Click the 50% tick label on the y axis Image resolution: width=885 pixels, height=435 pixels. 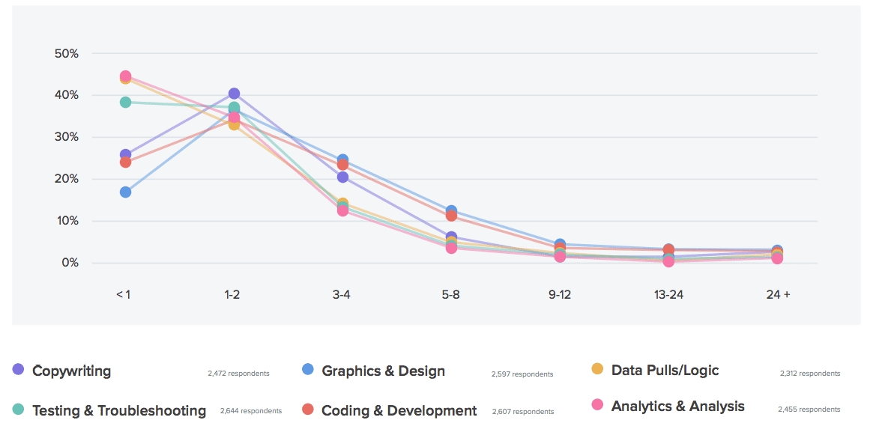pyautogui.click(x=67, y=54)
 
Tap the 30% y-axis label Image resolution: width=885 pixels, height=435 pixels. pyautogui.click(x=67, y=137)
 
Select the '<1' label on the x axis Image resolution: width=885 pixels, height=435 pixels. pyautogui.click(x=123, y=294)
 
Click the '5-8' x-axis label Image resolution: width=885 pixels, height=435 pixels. pyautogui.click(x=450, y=294)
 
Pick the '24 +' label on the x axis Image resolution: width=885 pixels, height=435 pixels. pyautogui.click(x=778, y=294)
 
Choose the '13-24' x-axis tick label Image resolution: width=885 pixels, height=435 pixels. pyautogui.click(x=668, y=294)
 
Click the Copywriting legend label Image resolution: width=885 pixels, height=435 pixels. pyautogui.click(x=71, y=371)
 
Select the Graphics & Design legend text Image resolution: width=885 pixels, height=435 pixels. pyautogui.click(x=383, y=371)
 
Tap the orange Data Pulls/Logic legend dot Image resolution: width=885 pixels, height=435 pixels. pyautogui.click(x=597, y=368)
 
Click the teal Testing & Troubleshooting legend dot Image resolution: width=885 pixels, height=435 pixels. pyautogui.click(x=18, y=410)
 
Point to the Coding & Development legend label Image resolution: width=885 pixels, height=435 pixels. pyautogui.click(x=399, y=410)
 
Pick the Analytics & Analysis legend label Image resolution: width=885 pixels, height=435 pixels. pyautogui.click(x=677, y=406)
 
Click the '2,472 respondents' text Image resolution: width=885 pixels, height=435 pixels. pyautogui.click(x=238, y=373)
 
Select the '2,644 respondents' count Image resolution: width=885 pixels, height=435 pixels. pyautogui.click(x=250, y=411)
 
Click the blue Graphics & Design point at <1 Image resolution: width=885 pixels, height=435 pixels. pyautogui.click(x=125, y=192)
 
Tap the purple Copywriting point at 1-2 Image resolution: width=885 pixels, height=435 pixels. pyautogui.click(x=234, y=94)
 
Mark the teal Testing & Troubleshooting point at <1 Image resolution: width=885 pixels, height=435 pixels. pyautogui.click(x=125, y=102)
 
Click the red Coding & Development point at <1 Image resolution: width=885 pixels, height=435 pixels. pyautogui.click(x=125, y=162)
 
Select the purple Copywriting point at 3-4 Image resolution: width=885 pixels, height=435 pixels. pyautogui.click(x=342, y=177)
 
